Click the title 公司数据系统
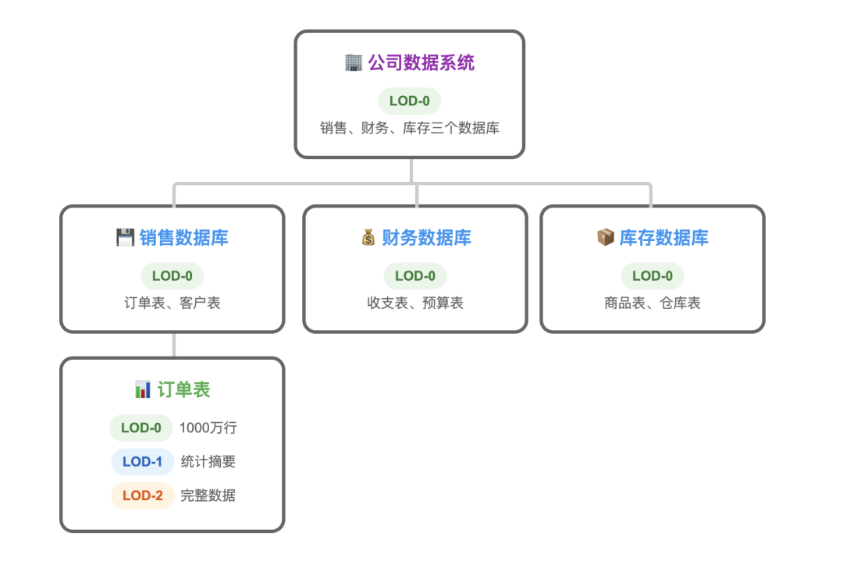coord(421,63)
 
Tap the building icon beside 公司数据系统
coord(353,63)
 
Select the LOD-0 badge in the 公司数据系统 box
coord(409,101)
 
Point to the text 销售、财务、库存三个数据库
coord(410,128)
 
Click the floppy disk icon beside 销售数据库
coord(125,238)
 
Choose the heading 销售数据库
coord(184,238)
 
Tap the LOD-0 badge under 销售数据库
coord(172,276)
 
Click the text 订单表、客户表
coord(173,303)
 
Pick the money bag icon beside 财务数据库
coord(368,238)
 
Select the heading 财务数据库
coord(426,238)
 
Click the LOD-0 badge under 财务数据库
coord(414,276)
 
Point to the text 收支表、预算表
coord(415,303)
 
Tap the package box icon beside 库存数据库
coord(605,238)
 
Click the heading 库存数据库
coord(663,238)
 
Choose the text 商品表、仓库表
coord(653,303)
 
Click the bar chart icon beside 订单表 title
coord(143,389)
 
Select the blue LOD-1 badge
coord(142,462)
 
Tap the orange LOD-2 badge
coord(142,495)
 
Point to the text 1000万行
coord(208,428)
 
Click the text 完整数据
coord(208,495)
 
